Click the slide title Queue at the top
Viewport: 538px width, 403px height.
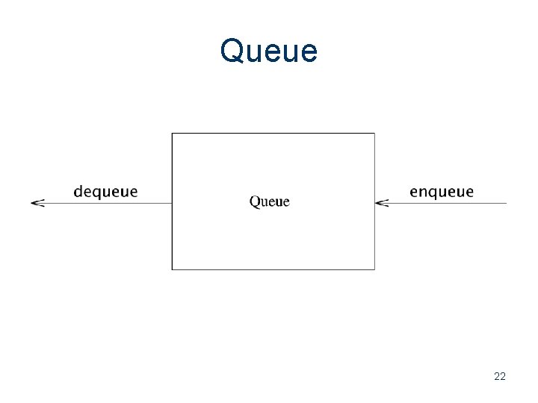coord(269,51)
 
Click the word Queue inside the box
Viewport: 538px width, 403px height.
coord(269,201)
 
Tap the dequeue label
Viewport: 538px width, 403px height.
coord(105,192)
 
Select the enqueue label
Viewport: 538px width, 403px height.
coord(442,192)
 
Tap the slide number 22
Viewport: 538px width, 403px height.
coord(500,376)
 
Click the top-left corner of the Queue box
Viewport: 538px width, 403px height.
coord(172,134)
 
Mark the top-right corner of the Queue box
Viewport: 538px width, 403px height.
coord(374,134)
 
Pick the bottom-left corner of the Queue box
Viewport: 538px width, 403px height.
coord(172,269)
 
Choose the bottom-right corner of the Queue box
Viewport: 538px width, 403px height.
coord(374,269)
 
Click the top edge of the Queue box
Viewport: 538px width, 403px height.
coord(273,134)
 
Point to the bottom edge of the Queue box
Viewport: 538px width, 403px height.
coord(273,269)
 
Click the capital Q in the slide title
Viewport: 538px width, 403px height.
coord(232,51)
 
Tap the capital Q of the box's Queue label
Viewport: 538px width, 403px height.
coord(254,201)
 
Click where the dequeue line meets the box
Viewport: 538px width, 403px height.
coord(172,202)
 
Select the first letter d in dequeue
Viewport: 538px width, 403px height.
coord(78,191)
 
